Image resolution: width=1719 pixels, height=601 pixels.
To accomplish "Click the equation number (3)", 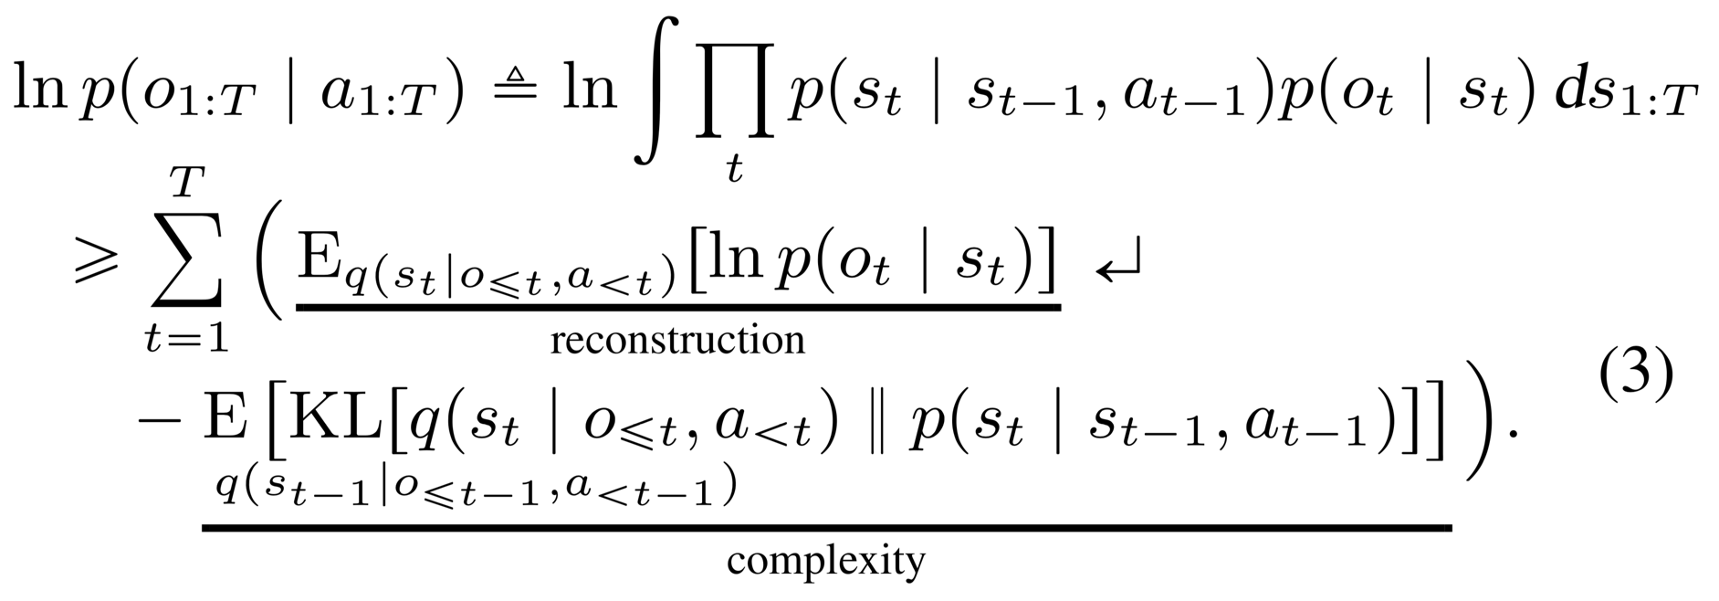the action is (1637, 378).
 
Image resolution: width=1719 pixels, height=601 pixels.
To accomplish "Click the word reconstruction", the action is (677, 341).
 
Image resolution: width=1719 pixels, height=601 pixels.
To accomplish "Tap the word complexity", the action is (825, 560).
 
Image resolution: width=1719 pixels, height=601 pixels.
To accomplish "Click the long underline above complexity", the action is (825, 526).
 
